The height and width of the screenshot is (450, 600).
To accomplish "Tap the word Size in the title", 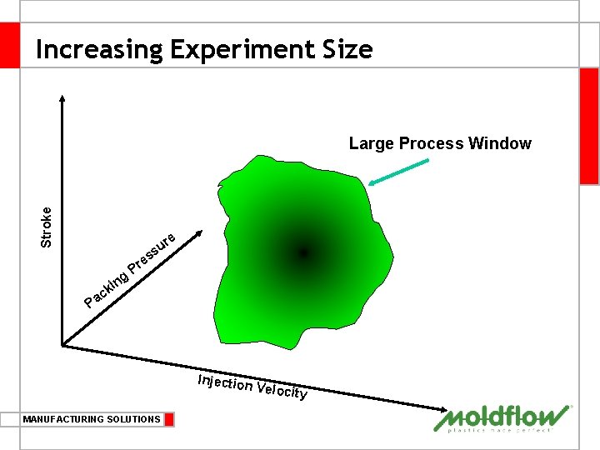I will coord(345,50).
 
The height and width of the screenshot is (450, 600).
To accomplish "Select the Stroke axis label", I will coord(47,227).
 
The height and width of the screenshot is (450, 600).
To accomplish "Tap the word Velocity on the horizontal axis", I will coord(282,389).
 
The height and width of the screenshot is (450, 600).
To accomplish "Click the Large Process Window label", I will coord(439,143).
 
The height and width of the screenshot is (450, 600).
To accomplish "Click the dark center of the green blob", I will coord(303,252).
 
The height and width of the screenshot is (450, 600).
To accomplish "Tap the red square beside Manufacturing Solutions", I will coord(169,419).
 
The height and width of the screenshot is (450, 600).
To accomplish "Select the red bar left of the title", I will coord(9,45).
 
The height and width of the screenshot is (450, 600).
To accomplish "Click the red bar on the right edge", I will coord(589,125).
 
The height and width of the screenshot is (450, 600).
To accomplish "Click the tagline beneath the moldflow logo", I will coord(499,430).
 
